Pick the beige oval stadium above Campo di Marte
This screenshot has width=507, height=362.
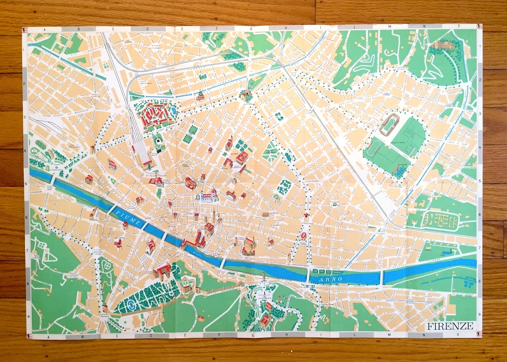pyautogui.click(x=389, y=124)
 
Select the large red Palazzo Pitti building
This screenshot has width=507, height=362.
pyautogui.click(x=162, y=271)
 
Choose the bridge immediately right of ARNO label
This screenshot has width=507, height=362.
pyautogui.click(x=382, y=277)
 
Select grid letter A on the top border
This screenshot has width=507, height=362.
pyautogui.click(x=45, y=29)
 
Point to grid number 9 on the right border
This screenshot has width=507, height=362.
pyautogui.click(x=479, y=315)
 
